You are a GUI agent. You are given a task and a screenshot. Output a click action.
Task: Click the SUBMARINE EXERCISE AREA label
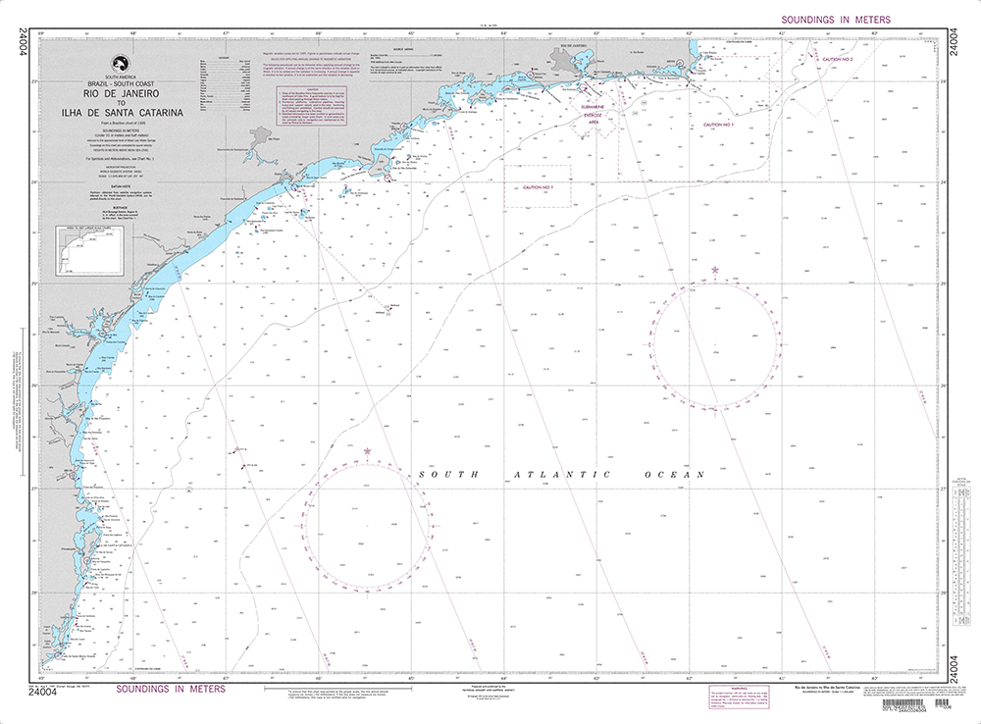coord(596,113)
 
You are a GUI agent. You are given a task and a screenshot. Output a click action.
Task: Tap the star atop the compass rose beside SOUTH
coord(368,451)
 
